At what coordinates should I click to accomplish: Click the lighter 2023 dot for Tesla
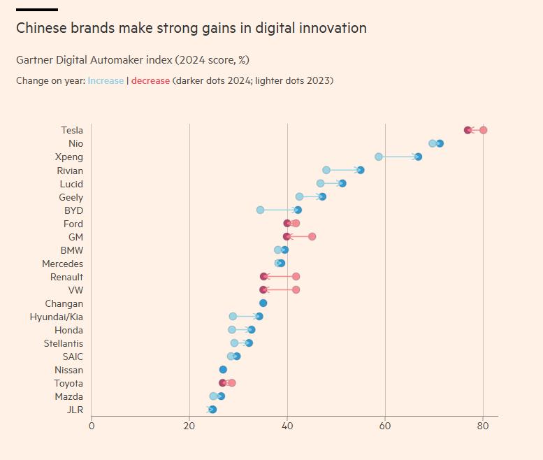(483, 130)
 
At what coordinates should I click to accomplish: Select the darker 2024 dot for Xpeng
(418, 157)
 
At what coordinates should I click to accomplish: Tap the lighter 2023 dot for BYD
(260, 210)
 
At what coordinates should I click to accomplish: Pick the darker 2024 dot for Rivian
(360, 170)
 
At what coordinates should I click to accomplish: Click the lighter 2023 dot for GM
(312, 236)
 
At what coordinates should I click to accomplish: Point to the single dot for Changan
(263, 303)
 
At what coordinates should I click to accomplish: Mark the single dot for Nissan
(223, 370)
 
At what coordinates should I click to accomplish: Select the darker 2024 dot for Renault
(263, 276)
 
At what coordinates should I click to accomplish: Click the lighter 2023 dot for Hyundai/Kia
(233, 316)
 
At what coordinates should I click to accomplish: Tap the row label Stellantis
(63, 343)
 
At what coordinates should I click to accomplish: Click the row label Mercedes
(62, 264)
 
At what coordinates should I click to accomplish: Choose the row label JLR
(74, 410)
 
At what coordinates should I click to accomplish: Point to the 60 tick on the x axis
(385, 424)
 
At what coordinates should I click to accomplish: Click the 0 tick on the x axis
(92, 424)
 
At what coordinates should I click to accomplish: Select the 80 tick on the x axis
(483, 424)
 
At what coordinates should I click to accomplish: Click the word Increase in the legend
(106, 80)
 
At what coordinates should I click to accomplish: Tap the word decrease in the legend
(150, 80)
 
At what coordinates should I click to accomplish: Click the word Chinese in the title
(41, 28)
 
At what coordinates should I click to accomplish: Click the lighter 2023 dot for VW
(296, 289)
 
